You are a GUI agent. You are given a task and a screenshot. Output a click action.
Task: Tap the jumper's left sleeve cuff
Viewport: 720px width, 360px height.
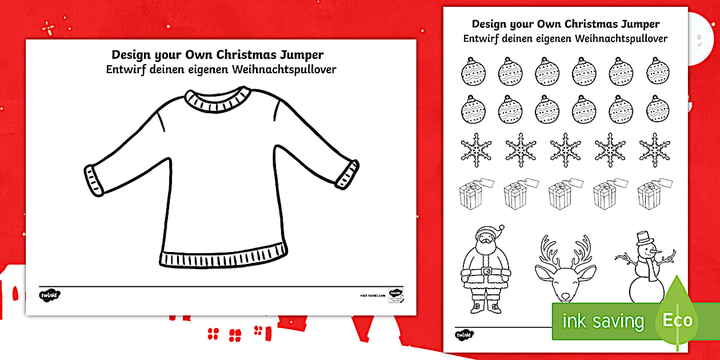click(x=94, y=179)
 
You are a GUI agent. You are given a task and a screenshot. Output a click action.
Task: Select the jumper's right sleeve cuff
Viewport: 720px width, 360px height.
click(x=346, y=173)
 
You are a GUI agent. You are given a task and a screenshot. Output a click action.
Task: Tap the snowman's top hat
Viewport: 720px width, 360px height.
click(x=645, y=238)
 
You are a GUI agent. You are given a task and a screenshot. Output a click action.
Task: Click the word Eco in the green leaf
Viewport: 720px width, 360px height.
click(x=677, y=320)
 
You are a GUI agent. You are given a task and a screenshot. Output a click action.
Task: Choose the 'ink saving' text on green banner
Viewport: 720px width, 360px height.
click(x=603, y=321)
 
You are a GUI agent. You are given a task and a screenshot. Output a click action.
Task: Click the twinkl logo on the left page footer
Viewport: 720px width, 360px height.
click(x=50, y=295)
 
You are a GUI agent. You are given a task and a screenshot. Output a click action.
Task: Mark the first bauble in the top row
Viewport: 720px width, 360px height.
click(x=473, y=71)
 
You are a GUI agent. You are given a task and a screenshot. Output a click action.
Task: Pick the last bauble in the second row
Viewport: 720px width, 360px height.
click(x=658, y=109)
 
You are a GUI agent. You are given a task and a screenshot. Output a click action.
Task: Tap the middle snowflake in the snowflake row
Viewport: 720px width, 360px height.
click(x=565, y=150)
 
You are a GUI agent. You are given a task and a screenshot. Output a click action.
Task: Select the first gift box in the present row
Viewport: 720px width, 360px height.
click(x=471, y=194)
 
